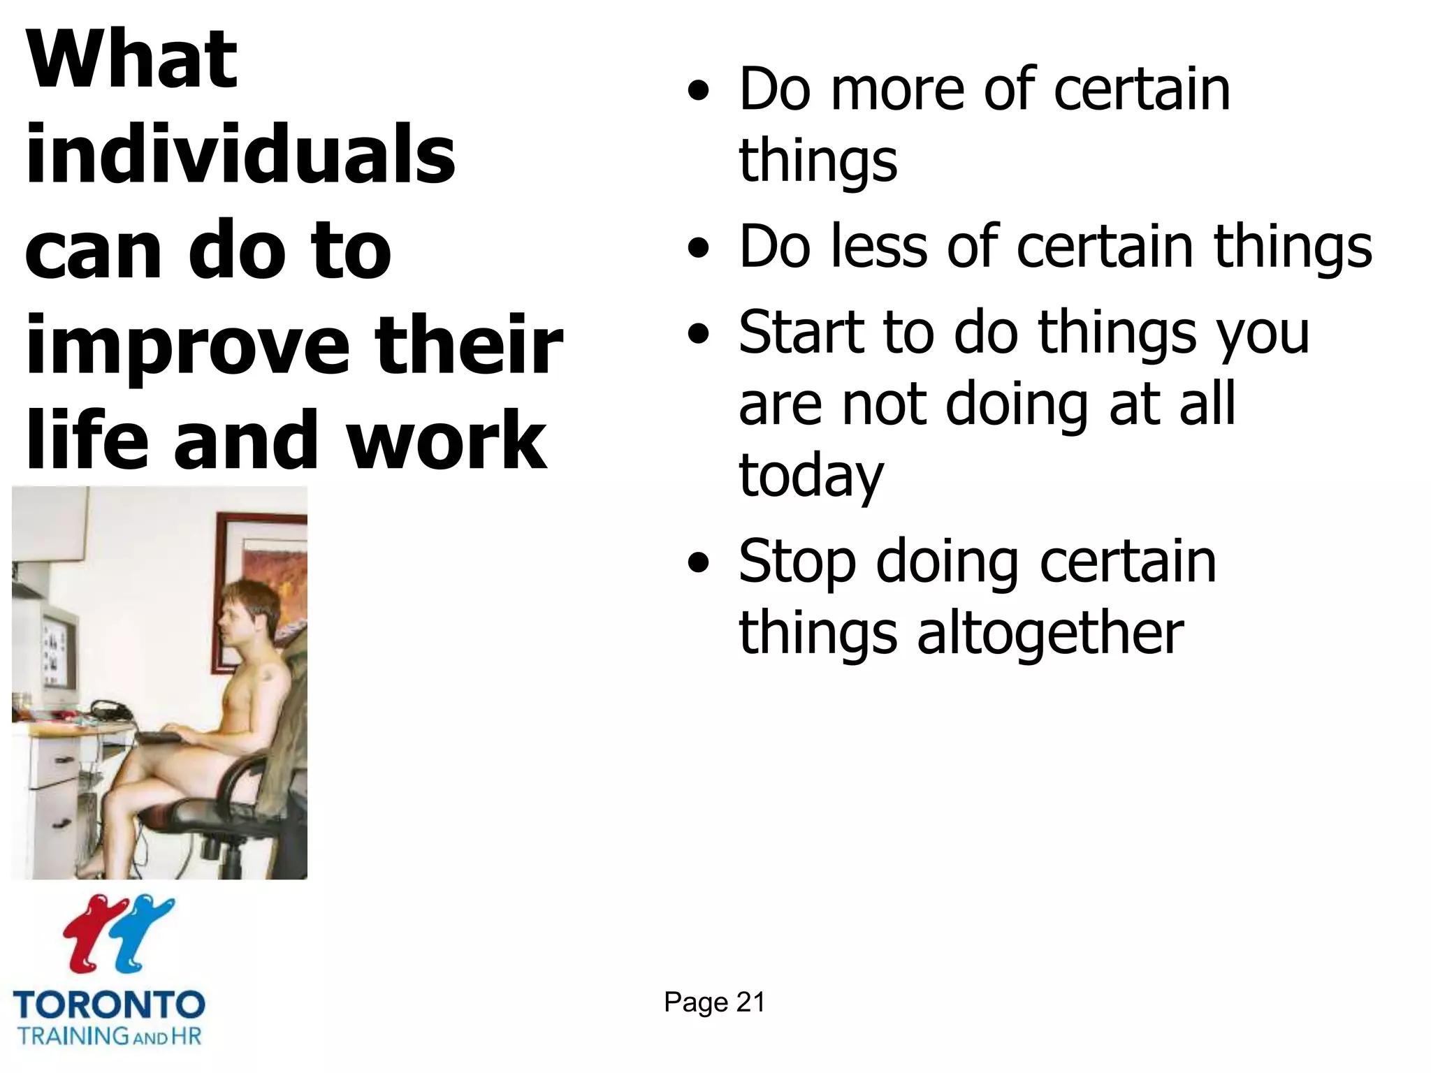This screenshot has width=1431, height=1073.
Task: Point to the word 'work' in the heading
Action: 446,440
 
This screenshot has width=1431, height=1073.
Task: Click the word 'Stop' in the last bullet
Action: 797,562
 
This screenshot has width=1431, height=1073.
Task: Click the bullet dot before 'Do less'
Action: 698,248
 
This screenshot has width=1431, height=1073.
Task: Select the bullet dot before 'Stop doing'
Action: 698,562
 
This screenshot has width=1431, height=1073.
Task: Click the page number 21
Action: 750,1002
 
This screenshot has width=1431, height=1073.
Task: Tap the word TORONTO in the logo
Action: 109,1005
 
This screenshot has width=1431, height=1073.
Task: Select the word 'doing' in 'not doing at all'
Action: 1017,405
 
